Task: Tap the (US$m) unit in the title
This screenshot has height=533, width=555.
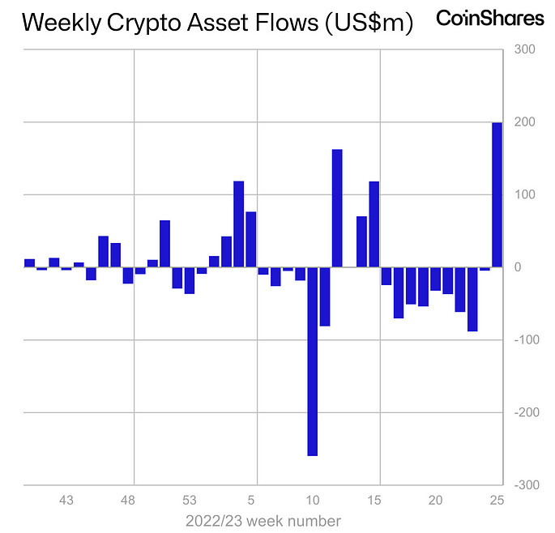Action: point(369,23)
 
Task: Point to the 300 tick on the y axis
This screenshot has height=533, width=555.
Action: point(524,50)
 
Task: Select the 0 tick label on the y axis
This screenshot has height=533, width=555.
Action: point(519,267)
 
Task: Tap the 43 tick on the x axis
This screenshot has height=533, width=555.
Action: point(66,500)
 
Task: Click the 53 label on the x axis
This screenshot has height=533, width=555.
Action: point(189,500)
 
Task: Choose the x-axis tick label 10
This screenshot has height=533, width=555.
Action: point(313,500)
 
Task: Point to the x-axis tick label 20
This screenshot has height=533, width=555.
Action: point(435,500)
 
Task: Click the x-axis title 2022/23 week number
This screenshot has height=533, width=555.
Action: point(263,520)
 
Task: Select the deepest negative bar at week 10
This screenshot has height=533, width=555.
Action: point(312,361)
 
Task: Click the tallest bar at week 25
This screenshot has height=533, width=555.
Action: point(497,194)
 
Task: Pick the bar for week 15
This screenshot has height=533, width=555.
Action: point(374,224)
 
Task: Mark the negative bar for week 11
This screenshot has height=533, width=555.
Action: point(325,296)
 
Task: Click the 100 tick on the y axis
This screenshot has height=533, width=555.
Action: point(524,195)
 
